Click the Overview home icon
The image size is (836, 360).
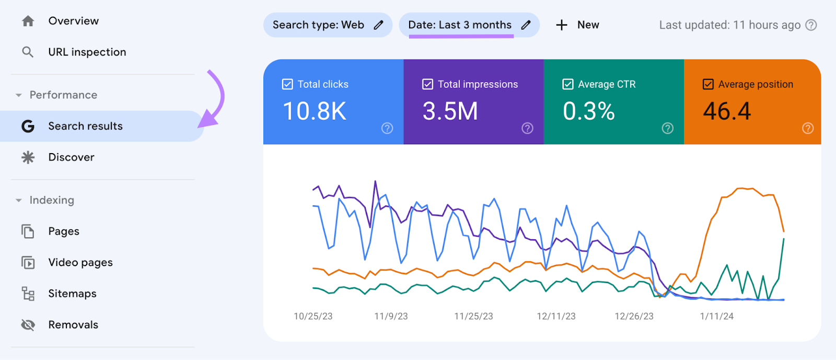[x=28, y=21]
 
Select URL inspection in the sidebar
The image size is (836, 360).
[x=87, y=52]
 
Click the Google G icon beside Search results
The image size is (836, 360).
[x=28, y=126]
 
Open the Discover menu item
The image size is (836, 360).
[x=71, y=157]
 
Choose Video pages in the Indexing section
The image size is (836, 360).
[x=80, y=262]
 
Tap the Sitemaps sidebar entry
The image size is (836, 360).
[x=72, y=294]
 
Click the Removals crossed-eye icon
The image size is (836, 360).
[x=28, y=325]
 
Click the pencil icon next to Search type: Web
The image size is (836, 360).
[x=379, y=25]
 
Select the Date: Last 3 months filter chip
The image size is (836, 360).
[x=460, y=25]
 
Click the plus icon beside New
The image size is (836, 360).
[x=562, y=25]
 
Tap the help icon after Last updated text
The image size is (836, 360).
[x=811, y=25]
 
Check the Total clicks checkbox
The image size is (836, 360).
[x=287, y=84]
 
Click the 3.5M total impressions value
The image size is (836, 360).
[x=450, y=111]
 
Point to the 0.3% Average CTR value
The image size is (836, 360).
[x=588, y=111]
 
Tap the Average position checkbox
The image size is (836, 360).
[x=708, y=84]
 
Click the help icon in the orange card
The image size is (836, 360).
[x=808, y=128]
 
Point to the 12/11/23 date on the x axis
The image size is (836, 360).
[x=556, y=316]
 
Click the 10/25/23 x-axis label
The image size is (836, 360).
[x=313, y=316]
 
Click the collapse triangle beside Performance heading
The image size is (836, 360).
[x=19, y=95]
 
